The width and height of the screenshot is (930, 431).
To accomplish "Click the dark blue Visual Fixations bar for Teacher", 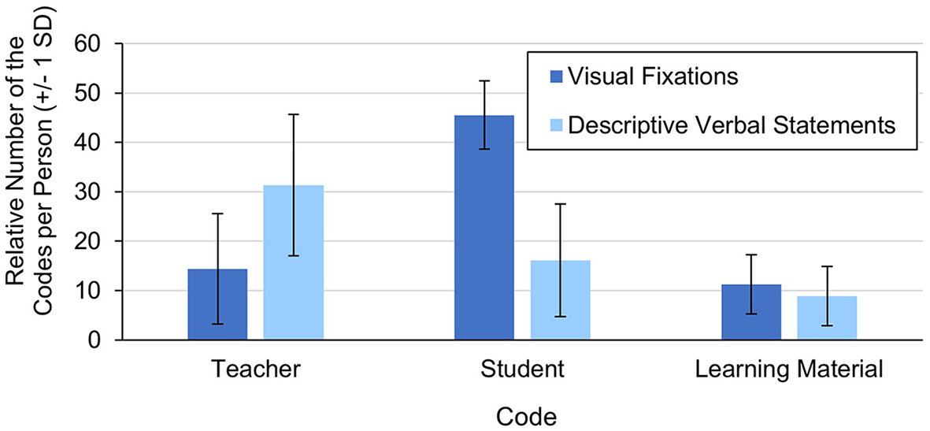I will pos(217,304).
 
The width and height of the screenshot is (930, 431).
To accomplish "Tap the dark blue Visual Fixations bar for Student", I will pos(484,228).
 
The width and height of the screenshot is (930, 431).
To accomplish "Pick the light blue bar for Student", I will pos(560,299).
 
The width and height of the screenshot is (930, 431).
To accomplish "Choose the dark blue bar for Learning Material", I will pos(751,312).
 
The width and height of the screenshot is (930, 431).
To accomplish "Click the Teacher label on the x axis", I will pos(255,369).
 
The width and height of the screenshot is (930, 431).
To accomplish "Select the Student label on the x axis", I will pos(522,369).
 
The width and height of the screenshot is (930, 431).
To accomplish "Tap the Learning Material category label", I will pos(790,369).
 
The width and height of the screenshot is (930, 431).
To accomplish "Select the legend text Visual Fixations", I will pos(652,77).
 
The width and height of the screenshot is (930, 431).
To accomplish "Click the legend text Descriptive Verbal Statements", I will pos(732,124).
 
